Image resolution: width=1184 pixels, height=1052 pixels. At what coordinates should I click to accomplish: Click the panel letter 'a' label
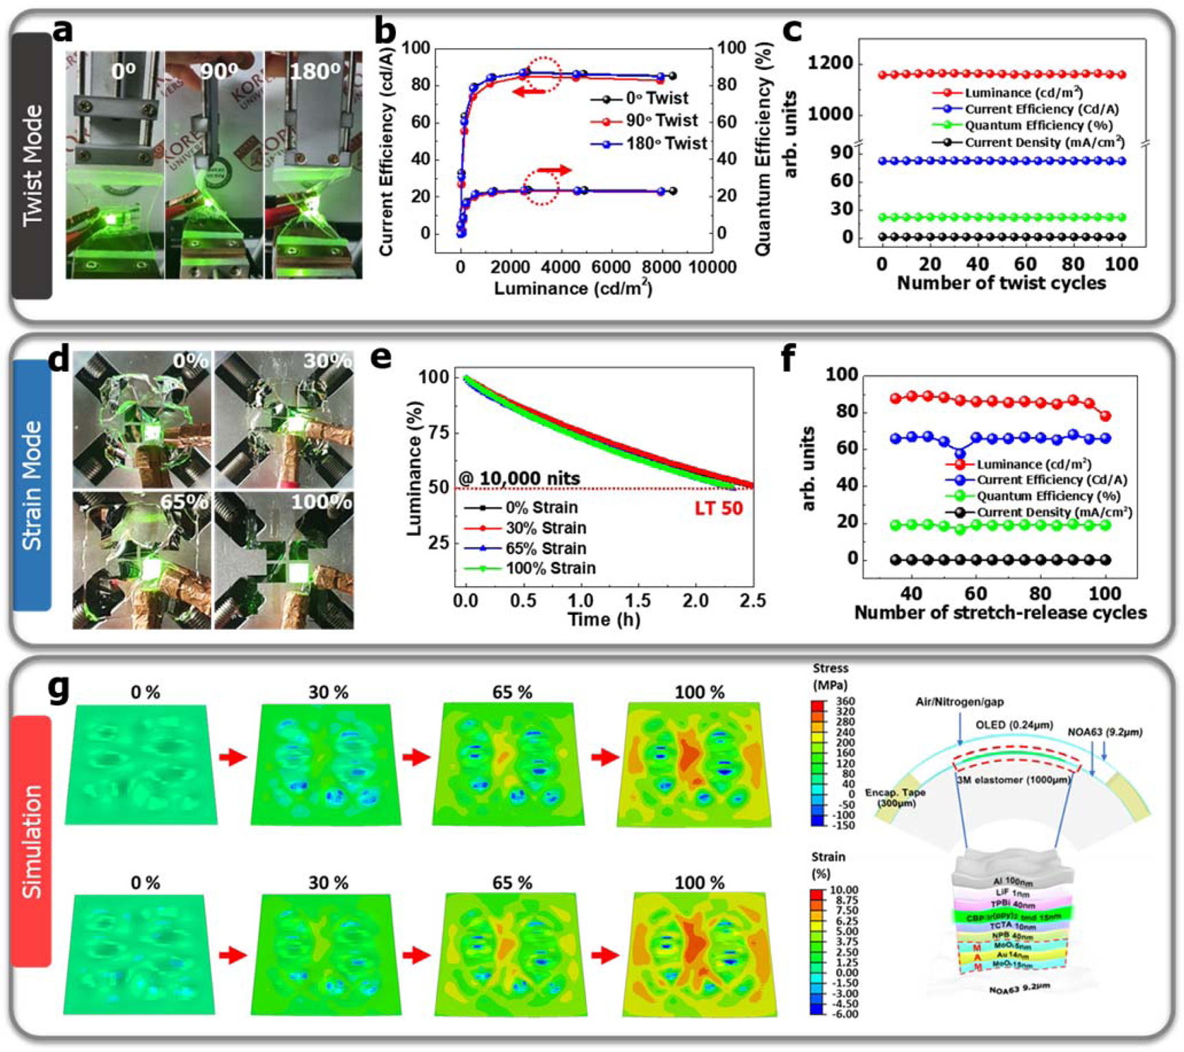point(77,32)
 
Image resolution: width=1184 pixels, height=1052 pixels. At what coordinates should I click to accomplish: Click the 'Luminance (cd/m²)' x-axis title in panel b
point(573,288)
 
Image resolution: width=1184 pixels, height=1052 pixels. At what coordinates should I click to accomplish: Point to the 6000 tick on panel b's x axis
point(611,267)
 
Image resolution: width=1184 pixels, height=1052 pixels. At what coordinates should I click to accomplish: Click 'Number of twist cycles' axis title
point(1001,283)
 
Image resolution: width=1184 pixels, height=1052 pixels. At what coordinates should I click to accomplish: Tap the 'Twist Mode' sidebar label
point(32,165)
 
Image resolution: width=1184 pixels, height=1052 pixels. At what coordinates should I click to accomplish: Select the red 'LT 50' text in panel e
point(719,509)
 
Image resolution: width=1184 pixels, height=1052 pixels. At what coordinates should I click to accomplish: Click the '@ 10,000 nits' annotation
point(520,478)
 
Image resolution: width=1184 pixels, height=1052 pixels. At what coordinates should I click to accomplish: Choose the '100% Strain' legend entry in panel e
point(550,568)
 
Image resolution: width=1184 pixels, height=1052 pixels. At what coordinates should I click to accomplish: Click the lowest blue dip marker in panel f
point(960,453)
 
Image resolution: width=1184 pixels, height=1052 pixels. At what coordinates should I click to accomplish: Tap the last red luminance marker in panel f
point(1105,416)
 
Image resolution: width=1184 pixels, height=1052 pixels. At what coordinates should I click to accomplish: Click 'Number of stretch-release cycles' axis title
point(1000,612)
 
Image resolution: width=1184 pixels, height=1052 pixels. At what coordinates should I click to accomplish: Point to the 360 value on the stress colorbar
point(846,701)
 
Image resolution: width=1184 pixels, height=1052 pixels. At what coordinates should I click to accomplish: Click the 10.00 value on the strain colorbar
point(844,890)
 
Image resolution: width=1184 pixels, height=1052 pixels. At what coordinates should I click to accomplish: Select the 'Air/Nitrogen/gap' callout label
point(959,703)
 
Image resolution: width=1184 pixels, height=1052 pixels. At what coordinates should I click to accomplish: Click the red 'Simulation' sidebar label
point(32,841)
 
